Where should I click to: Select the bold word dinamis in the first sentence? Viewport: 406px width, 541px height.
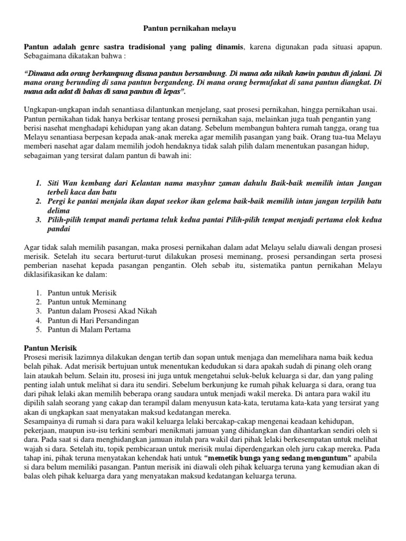(227, 48)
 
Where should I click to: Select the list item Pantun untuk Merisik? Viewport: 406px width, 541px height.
(82, 292)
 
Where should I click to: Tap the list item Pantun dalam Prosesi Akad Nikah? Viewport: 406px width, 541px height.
(102, 311)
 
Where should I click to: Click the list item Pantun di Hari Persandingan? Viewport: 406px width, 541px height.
(93, 320)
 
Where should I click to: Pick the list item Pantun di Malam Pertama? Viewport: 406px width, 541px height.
(89, 329)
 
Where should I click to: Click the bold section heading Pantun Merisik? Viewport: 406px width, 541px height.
(51, 348)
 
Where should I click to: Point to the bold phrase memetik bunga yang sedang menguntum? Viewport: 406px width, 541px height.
(278, 457)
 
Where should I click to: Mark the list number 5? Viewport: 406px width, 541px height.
(39, 329)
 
